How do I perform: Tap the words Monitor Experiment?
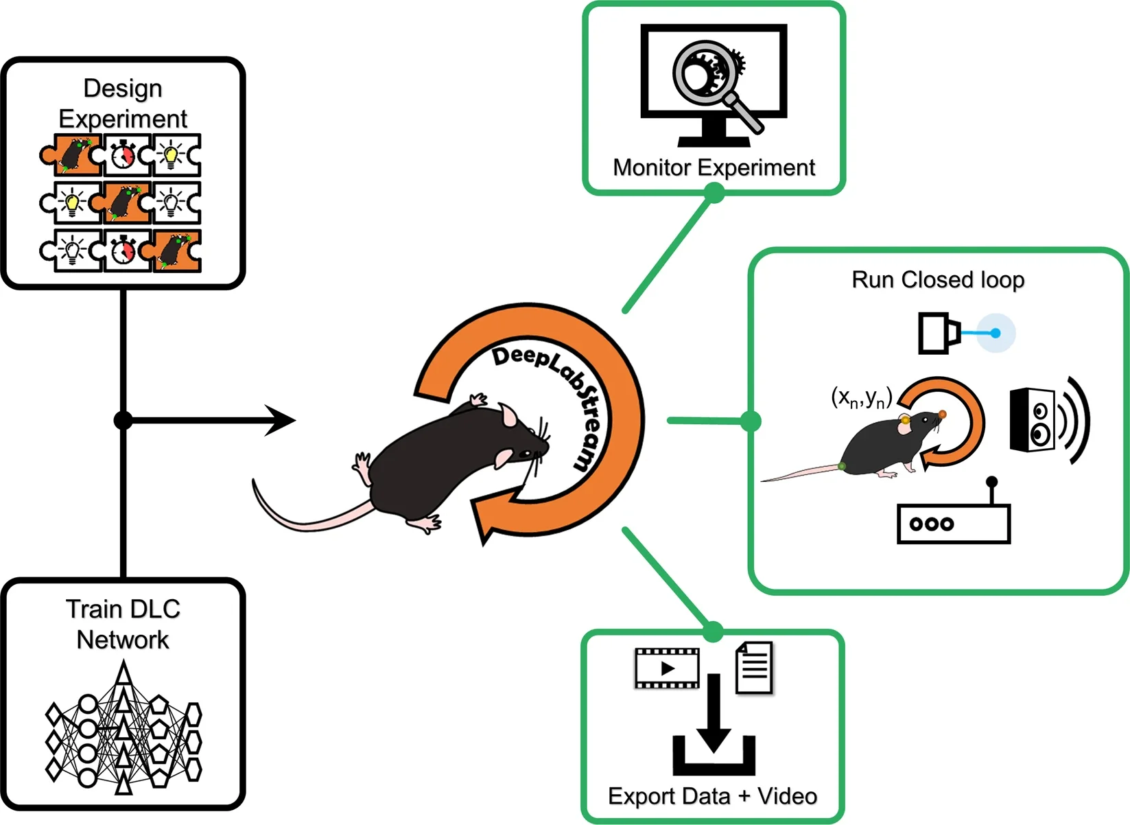coord(714,167)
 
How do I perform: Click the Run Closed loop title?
coord(938,280)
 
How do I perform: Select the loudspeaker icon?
coord(1033,420)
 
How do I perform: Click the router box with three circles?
coord(954,524)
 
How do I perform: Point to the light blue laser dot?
coord(996,333)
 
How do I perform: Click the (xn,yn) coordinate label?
coord(861,397)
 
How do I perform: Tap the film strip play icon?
coord(667,668)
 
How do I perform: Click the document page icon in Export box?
coord(755,668)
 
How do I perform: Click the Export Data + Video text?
coord(712,796)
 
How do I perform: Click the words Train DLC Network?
coord(123,624)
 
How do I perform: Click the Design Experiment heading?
coord(123,104)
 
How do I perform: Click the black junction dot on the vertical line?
coord(123,420)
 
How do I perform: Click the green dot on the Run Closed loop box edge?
coord(751,421)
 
